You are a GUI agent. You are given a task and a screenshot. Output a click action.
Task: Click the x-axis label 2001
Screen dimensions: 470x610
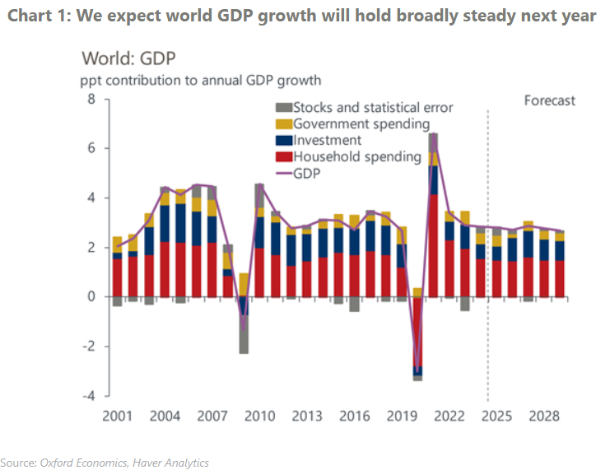click(118, 415)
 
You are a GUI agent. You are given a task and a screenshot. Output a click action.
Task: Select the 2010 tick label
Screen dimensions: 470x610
click(260, 415)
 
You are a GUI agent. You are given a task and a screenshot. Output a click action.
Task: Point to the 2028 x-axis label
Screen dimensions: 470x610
click(544, 415)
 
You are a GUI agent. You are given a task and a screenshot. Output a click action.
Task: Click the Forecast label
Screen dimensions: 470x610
click(550, 100)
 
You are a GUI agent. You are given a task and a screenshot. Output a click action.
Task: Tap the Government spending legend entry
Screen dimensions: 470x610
click(361, 124)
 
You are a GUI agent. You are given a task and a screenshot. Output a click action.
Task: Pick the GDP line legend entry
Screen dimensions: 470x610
click(307, 174)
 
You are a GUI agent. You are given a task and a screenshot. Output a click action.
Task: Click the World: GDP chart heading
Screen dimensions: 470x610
click(128, 58)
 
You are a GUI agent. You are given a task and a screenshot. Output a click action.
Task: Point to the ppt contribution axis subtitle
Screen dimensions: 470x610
click(201, 81)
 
